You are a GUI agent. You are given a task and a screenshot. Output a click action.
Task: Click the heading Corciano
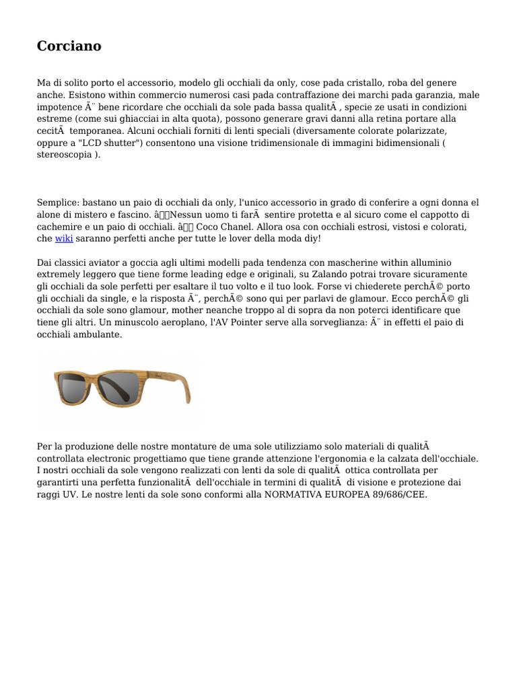pyautogui.click(x=69, y=46)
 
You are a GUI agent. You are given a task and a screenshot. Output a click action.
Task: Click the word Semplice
pyautogui.click(x=57, y=203)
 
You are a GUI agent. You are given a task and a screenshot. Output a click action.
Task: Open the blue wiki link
pyautogui.click(x=64, y=239)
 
